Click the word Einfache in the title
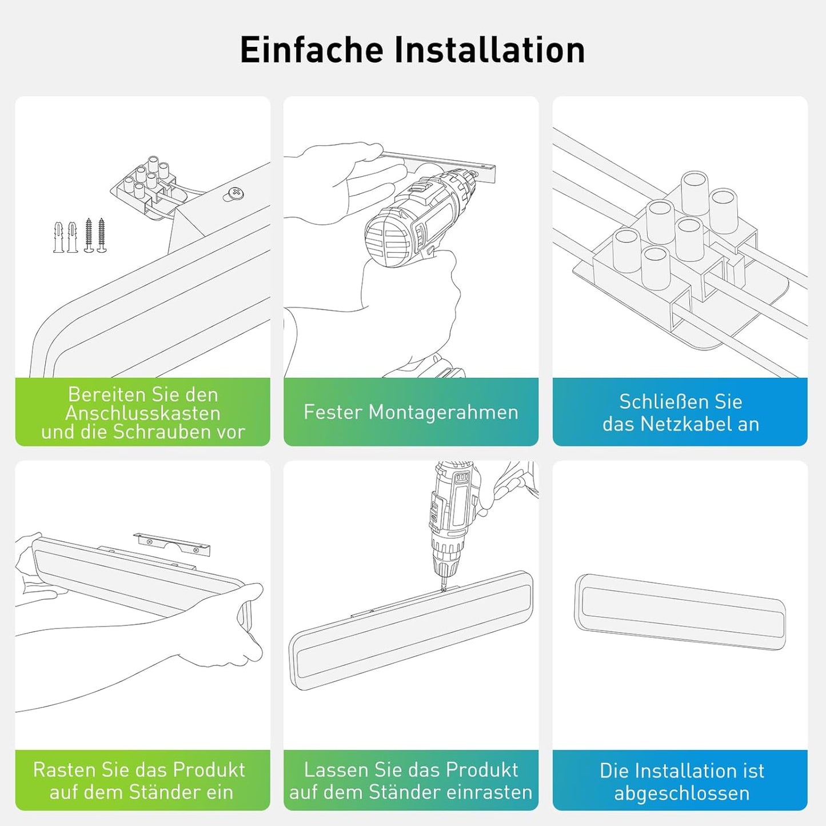tap(312, 50)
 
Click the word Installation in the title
tap(489, 50)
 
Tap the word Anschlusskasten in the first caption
tap(143, 413)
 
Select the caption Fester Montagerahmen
tap(411, 412)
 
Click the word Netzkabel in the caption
tap(689, 424)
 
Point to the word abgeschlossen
tap(682, 793)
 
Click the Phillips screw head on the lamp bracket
tap(236, 193)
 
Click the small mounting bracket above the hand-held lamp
tap(172, 544)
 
